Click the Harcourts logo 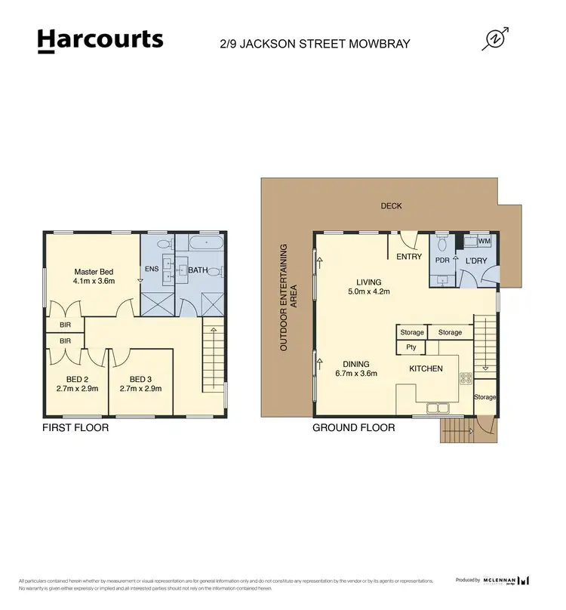pos(100,41)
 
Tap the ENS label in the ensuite pos(152,269)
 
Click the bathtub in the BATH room pos(205,244)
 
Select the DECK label pos(391,205)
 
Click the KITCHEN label pos(426,368)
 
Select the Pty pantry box pos(411,347)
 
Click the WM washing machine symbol pos(482,241)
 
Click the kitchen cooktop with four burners pos(466,379)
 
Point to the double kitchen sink pos(437,409)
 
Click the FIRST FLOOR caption pos(75,428)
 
